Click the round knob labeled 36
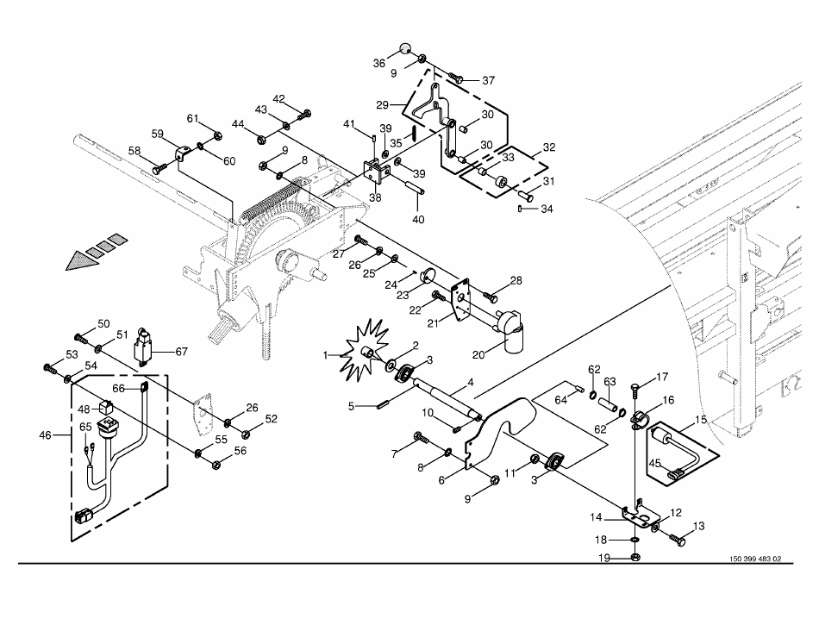pos(406,48)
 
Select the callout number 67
pos(181,352)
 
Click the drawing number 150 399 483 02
pos(754,559)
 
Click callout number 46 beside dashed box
pos(46,434)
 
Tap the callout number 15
pos(701,419)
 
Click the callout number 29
pos(382,105)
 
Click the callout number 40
pos(418,220)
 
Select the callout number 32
pos(549,147)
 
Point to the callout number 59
pos(157,134)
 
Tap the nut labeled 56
pos(216,463)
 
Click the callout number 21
pos(433,324)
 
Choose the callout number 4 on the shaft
pos(471,383)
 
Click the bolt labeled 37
pos(455,78)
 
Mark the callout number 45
pos(655,463)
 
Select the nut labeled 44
pos(262,140)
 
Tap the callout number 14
pos(596,517)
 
